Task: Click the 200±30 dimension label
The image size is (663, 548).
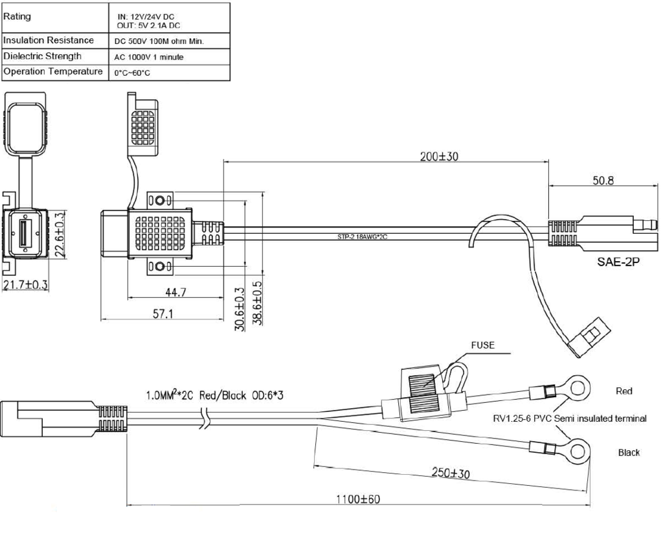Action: tap(439, 156)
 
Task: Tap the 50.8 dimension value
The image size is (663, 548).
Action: tap(603, 180)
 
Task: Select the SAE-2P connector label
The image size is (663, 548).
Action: tap(618, 262)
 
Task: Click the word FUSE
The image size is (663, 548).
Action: tap(482, 345)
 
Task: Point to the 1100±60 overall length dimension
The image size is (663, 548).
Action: tap(358, 499)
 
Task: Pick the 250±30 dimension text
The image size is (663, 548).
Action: tap(451, 472)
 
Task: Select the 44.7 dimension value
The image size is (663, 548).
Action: tap(175, 292)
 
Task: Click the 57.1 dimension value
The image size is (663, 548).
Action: tap(163, 314)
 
